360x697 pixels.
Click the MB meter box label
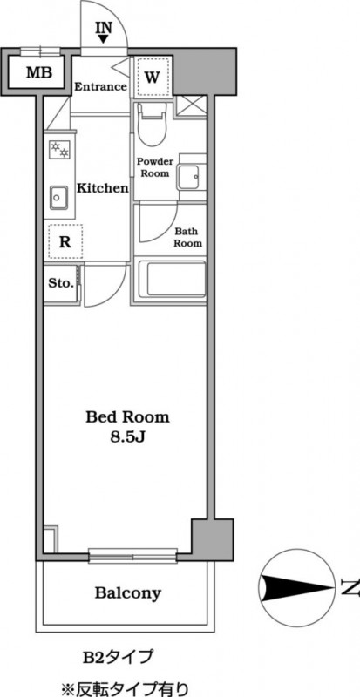pyautogui.click(x=38, y=72)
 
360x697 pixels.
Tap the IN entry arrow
pyautogui.click(x=103, y=39)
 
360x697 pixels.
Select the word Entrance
pyautogui.click(x=100, y=86)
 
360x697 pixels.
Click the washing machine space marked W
pyautogui.click(x=153, y=78)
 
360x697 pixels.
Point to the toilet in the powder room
pyautogui.click(x=152, y=124)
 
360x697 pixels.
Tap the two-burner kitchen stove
pyautogui.click(x=59, y=149)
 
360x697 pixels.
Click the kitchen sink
pyautogui.click(x=58, y=197)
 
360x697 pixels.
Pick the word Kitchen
pyautogui.click(x=103, y=188)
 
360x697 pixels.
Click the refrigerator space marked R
pyautogui.click(x=65, y=242)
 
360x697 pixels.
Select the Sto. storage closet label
pyautogui.click(x=61, y=283)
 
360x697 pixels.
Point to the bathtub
pyautogui.click(x=172, y=279)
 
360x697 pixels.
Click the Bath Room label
pyautogui.click(x=187, y=237)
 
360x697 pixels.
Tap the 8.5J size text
pyautogui.click(x=127, y=437)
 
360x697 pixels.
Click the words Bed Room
pyautogui.click(x=127, y=417)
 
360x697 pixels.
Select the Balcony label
pyautogui.click(x=128, y=593)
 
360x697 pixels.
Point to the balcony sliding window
pyautogui.click(x=132, y=556)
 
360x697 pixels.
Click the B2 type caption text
pyautogui.click(x=118, y=656)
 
